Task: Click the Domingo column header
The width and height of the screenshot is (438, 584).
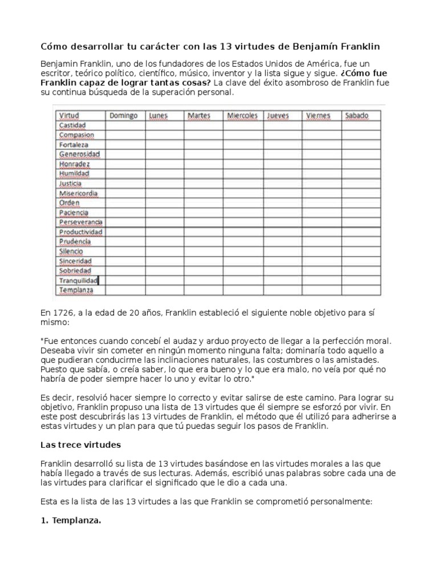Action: [123, 116]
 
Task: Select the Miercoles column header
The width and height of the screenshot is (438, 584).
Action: [242, 116]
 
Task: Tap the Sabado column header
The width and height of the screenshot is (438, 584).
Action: [356, 116]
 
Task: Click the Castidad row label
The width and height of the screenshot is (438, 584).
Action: [72, 125]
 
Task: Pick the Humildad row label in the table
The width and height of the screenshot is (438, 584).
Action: [74, 173]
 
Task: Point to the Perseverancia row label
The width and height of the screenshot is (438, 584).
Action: [80, 222]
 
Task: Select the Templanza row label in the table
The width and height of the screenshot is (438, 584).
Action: [76, 290]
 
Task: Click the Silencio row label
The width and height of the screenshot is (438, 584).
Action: [71, 251]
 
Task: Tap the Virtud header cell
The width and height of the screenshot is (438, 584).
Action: [70, 116]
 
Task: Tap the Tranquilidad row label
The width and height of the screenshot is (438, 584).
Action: [79, 280]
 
